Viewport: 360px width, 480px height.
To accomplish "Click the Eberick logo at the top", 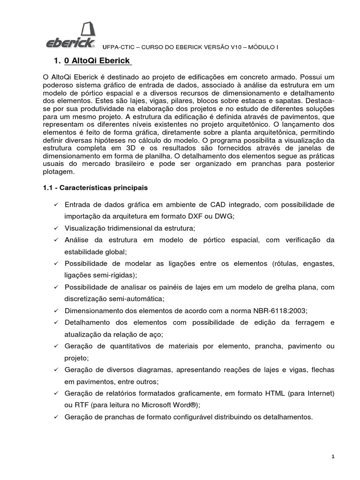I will pyautogui.click(x=71, y=36).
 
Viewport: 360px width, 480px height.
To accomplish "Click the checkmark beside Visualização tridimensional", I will pyautogui.click(x=56, y=228).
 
